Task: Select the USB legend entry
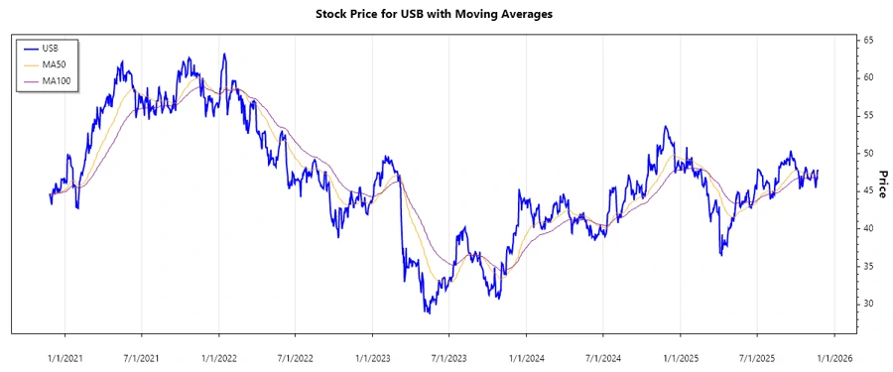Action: pos(50,48)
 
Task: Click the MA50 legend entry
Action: pos(54,63)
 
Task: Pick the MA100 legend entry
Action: pos(56,79)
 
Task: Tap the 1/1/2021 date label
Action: pos(65,356)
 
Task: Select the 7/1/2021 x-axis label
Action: pos(142,356)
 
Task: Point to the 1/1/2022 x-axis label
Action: pos(219,356)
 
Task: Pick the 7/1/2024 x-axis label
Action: pos(603,356)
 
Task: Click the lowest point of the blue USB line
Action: pos(428,313)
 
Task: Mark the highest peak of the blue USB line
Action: pos(224,54)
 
